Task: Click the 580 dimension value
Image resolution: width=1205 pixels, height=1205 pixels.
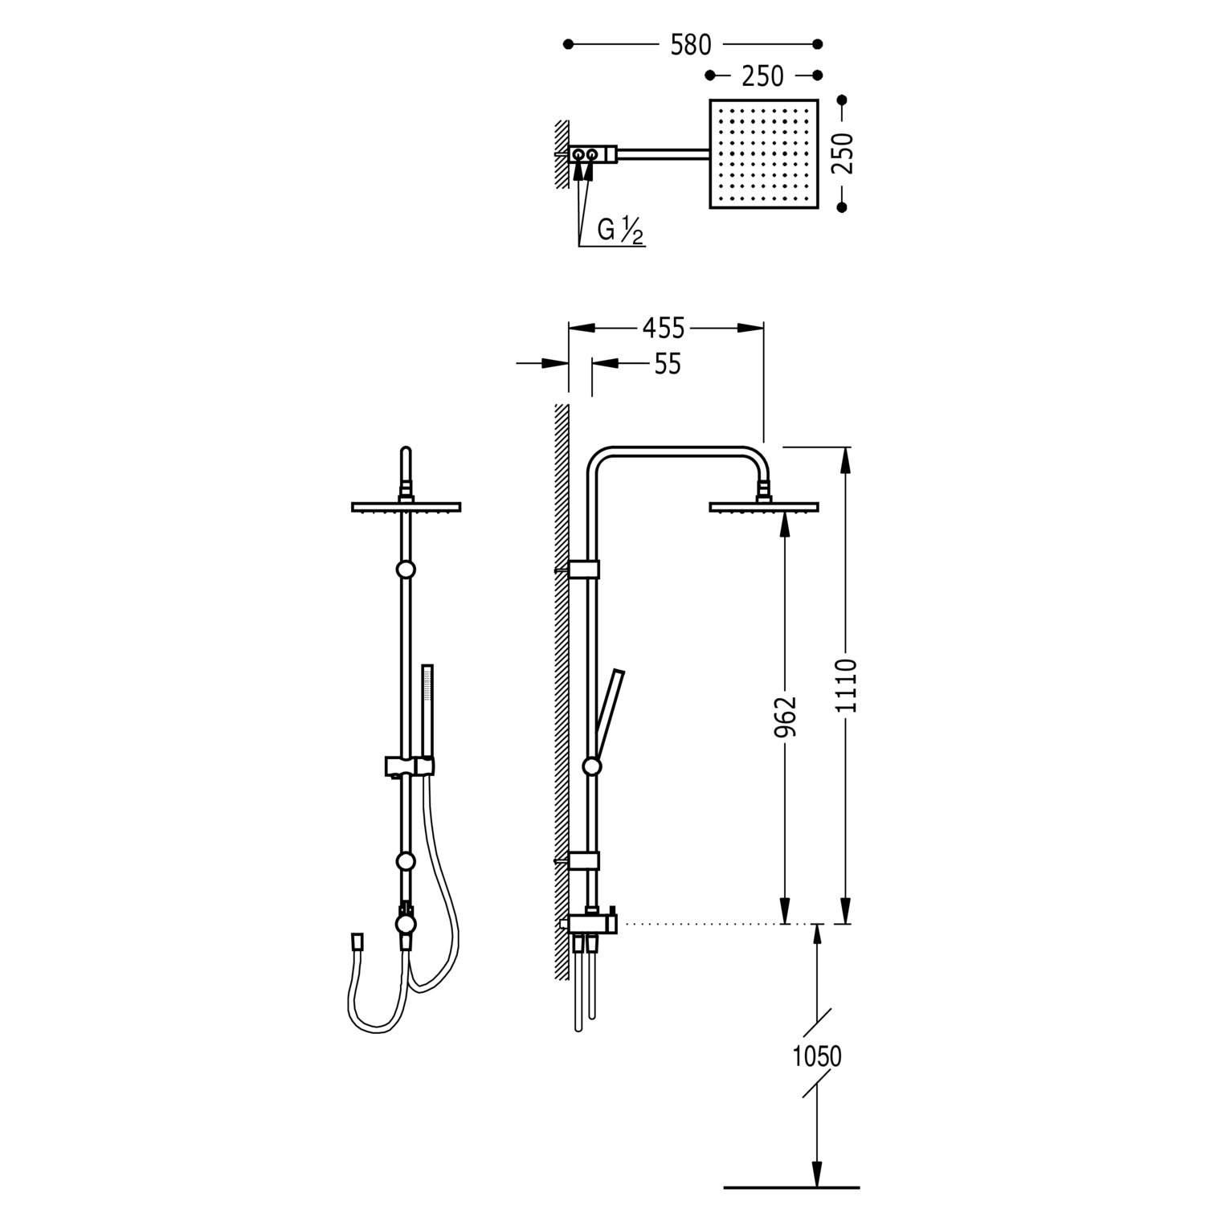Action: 691,45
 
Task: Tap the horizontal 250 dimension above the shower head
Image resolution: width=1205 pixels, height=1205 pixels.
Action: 762,76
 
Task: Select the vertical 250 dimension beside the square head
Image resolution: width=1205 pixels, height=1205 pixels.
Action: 843,153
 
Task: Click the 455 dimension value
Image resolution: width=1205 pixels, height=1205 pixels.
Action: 664,328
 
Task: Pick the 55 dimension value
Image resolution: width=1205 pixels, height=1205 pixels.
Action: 668,364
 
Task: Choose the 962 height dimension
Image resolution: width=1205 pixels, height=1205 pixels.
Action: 785,717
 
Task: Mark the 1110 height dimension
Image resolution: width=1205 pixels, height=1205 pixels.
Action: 846,685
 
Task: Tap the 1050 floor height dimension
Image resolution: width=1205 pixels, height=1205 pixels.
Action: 817,1056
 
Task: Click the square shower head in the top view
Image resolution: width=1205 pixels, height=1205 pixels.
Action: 763,153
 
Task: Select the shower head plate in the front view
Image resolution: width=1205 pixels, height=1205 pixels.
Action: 406,506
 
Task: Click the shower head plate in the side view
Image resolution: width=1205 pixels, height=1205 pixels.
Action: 763,506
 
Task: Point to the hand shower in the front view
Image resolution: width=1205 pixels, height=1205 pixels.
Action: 427,713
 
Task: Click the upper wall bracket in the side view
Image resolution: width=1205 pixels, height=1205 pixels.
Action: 583,569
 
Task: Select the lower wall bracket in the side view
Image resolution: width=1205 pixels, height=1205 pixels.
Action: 583,860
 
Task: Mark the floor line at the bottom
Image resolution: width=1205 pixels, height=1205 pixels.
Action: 791,1187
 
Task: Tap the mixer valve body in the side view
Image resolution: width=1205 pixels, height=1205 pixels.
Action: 589,923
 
